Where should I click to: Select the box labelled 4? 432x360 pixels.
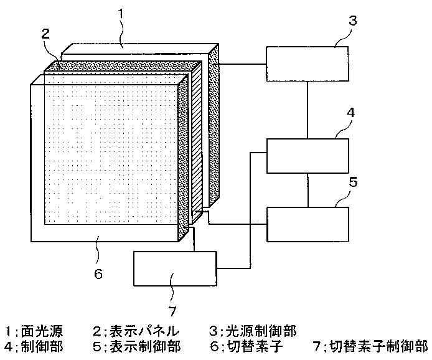click(x=307, y=155)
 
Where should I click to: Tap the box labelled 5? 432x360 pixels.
click(x=307, y=223)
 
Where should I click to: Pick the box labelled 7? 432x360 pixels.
click(x=175, y=268)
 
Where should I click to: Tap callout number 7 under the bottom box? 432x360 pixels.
click(x=173, y=310)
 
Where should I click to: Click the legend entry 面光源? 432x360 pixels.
click(x=34, y=331)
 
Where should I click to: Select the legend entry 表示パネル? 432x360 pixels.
click(x=136, y=331)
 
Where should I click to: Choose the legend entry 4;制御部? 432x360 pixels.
click(x=34, y=346)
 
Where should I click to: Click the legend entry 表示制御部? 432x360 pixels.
click(x=136, y=346)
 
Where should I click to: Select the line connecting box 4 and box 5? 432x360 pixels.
click(x=307, y=189)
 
